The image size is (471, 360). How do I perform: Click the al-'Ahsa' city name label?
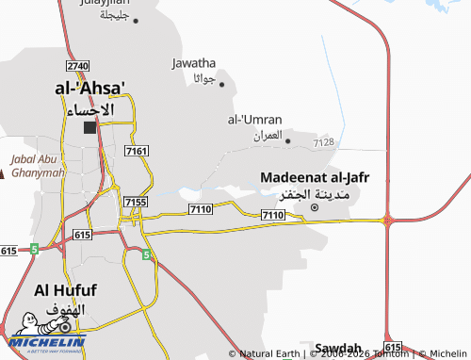click(x=90, y=88)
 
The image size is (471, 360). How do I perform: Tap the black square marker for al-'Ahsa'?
click(x=90, y=127)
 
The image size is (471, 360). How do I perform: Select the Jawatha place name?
click(x=194, y=63)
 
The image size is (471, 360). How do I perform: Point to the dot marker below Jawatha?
click(x=222, y=85)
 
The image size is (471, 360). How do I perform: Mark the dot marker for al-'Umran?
click(x=287, y=141)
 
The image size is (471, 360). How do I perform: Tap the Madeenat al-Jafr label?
click(x=315, y=177)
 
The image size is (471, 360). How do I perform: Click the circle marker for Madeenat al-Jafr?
click(x=315, y=207)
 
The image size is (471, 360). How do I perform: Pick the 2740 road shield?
click(x=77, y=65)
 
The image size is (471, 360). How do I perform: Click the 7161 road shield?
click(x=137, y=151)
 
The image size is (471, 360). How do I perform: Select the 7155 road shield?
click(x=136, y=202)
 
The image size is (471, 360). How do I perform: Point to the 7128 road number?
click(x=324, y=142)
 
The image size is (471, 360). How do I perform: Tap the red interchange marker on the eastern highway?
click(x=386, y=220)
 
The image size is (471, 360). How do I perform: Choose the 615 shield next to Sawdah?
click(x=393, y=347)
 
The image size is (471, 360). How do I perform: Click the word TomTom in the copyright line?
click(x=391, y=354)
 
